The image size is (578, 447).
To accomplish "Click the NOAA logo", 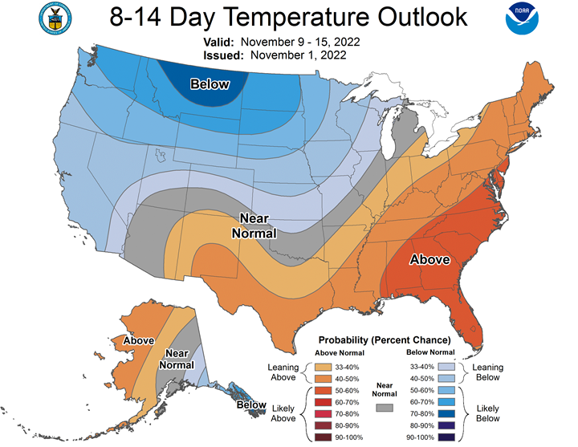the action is (x=522, y=18).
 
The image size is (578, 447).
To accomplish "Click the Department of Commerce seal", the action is (x=55, y=18).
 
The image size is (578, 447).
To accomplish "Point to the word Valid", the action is (x=218, y=42).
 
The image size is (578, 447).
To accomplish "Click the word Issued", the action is (x=223, y=55).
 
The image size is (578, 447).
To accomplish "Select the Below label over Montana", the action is (x=210, y=84).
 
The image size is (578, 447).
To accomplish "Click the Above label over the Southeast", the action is (x=429, y=260).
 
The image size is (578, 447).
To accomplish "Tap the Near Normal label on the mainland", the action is (x=254, y=226).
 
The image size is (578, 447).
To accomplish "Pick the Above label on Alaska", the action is (x=139, y=340).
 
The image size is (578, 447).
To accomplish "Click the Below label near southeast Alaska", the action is (x=251, y=405).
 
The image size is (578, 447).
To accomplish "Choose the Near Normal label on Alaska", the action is (x=177, y=360).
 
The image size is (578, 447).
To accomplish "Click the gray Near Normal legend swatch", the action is (x=384, y=408).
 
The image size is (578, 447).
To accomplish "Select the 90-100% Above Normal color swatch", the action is (x=323, y=437).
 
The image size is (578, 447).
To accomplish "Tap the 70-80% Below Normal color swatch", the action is (x=446, y=414).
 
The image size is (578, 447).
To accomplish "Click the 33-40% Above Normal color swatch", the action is (x=323, y=367).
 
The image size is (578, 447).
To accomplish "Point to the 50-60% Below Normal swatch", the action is (x=446, y=390).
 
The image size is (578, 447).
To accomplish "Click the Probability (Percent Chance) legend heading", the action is (x=385, y=340).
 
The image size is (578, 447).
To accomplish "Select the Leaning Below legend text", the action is (x=488, y=372).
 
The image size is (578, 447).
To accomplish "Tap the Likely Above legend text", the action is (x=283, y=413).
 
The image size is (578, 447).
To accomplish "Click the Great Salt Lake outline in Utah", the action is (x=159, y=156).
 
